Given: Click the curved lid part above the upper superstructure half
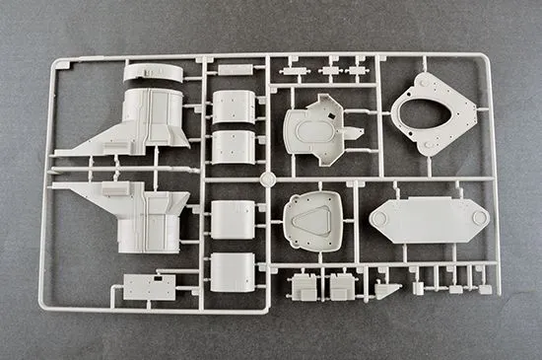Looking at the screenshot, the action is click(x=153, y=73).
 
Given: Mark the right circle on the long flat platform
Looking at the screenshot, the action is click(x=477, y=215).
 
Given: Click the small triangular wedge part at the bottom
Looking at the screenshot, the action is click(x=387, y=292).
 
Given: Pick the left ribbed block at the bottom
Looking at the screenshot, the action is click(x=302, y=287).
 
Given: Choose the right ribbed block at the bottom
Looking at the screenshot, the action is click(x=341, y=287).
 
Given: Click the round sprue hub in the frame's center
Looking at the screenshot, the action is click(x=266, y=179).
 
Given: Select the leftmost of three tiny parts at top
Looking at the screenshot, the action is click(x=291, y=71).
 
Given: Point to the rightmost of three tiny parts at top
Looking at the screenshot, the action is click(x=356, y=71).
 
